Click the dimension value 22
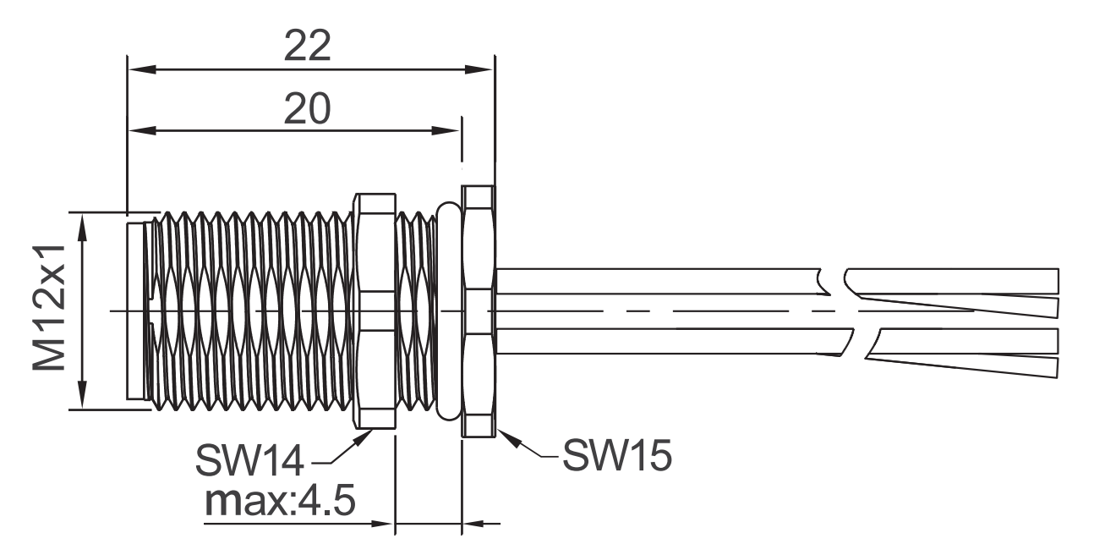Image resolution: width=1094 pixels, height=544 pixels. (307, 46)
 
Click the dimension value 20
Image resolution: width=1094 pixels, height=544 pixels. (307, 108)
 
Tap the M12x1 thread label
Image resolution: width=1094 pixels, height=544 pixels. (49, 308)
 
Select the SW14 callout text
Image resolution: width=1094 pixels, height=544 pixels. (249, 461)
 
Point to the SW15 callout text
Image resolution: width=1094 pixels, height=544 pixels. (617, 455)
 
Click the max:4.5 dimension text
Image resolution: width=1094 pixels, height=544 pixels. (280, 501)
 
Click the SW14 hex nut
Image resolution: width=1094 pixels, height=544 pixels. (375, 311)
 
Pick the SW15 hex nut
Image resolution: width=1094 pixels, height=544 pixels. (479, 311)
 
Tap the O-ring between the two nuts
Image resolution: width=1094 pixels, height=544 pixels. (449, 311)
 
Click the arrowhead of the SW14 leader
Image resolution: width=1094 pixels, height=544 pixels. (364, 437)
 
